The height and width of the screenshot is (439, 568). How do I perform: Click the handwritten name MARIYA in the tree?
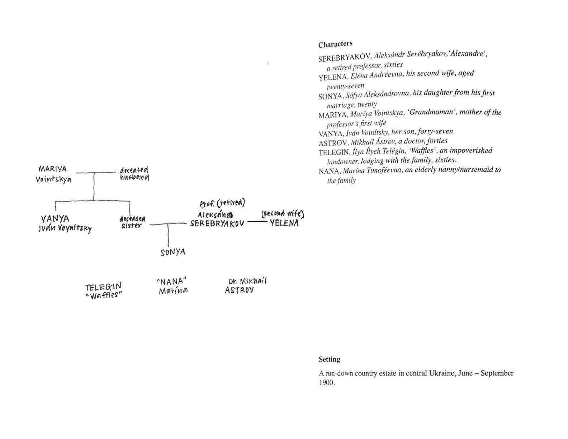[52, 169]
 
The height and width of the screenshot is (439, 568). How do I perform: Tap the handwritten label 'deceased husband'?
[134, 174]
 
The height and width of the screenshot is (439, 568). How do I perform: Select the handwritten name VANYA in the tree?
[55, 219]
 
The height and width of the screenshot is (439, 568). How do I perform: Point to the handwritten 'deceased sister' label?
[132, 222]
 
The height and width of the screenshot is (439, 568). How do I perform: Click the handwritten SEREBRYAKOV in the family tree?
[217, 223]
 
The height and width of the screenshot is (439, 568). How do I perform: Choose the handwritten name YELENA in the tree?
[284, 223]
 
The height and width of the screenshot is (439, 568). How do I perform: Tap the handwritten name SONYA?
[173, 252]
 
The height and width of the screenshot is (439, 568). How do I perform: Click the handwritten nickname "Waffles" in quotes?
[104, 296]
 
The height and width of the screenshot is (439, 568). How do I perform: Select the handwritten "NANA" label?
[172, 281]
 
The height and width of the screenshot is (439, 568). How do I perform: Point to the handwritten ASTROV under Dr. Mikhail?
[239, 290]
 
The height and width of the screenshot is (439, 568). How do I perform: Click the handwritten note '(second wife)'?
[283, 214]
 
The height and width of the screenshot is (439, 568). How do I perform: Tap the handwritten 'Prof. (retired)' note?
[222, 203]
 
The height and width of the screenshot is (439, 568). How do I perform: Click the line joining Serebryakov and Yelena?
[257, 222]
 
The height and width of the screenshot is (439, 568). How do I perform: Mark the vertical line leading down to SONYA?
[168, 235]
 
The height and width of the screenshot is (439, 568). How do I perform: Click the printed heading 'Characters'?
[335, 44]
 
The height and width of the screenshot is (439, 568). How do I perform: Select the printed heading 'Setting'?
[329, 359]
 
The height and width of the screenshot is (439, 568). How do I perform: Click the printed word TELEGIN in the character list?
[333, 152]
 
